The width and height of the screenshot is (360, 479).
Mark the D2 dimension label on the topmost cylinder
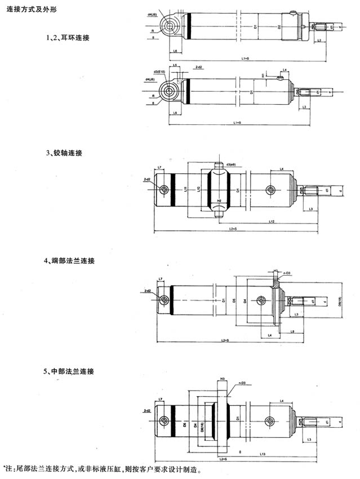tap(279, 26)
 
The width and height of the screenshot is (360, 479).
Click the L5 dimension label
tap(176, 66)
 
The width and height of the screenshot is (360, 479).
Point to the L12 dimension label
tap(272, 221)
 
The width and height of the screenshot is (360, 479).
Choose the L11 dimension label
tap(186, 190)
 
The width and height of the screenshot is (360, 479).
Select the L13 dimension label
tap(264, 453)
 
